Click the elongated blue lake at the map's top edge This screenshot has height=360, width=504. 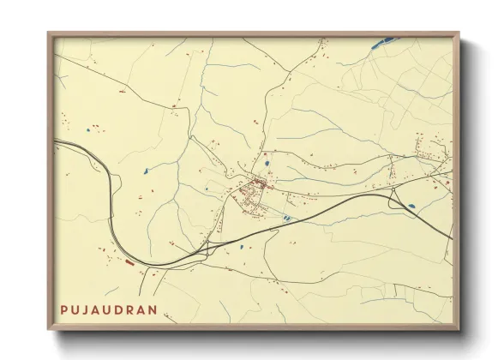386,39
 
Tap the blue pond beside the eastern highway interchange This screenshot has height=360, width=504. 411,205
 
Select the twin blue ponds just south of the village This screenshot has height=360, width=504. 285,219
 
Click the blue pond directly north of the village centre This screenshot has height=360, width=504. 267,163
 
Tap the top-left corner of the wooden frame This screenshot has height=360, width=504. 49,33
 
